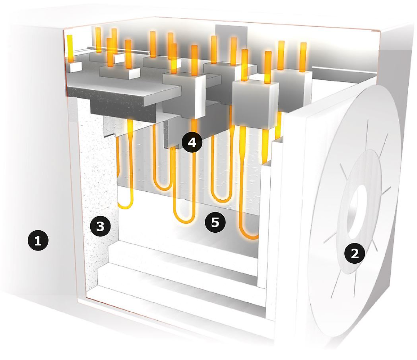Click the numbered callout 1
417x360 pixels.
click(x=38, y=241)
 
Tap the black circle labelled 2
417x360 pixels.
click(x=355, y=254)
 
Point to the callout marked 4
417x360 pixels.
click(x=192, y=143)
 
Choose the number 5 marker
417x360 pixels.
click(x=215, y=223)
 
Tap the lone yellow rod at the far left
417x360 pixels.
click(x=69, y=48)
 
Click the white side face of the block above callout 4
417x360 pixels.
click(x=200, y=97)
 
